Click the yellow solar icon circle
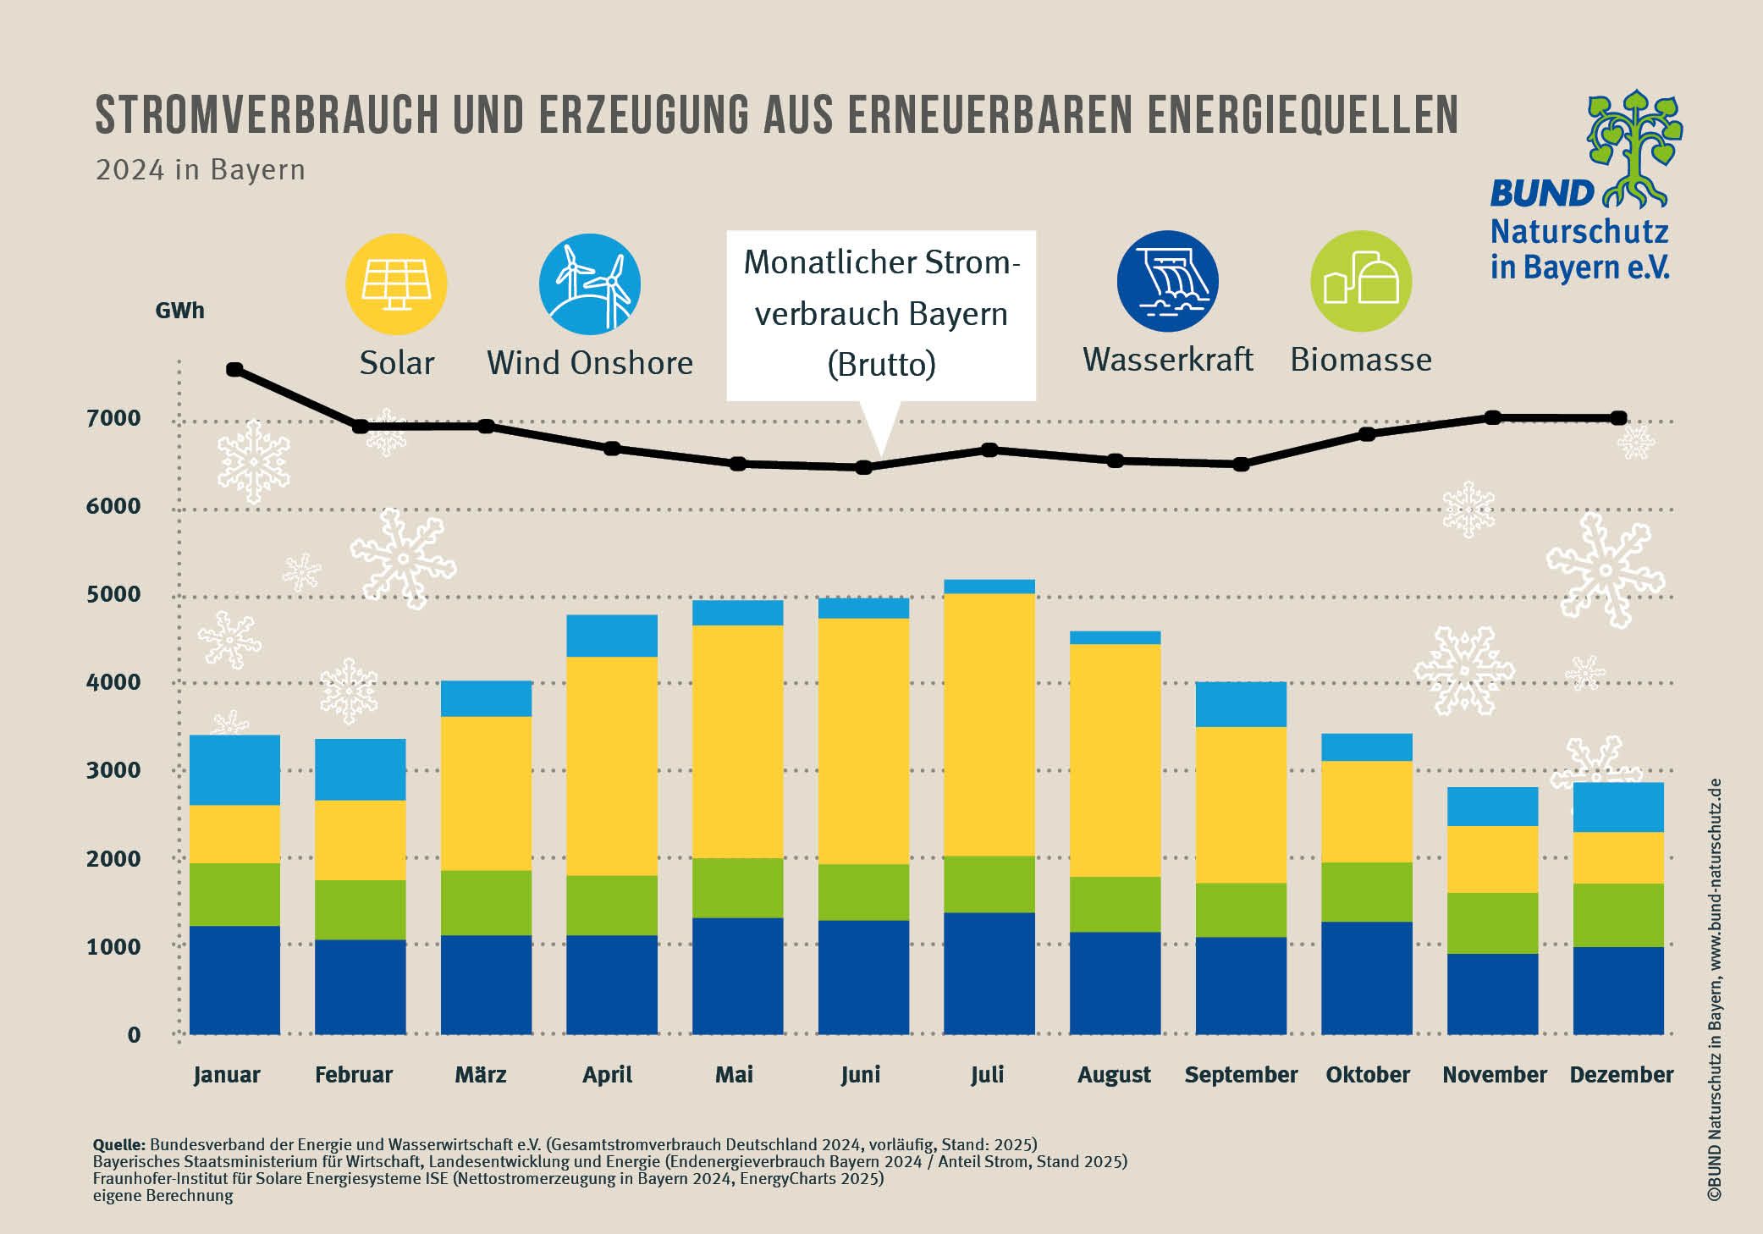396,284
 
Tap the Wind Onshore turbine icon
590,284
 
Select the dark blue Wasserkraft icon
1167,281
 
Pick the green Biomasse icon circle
1360,281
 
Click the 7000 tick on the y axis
113,418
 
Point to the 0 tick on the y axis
134,1034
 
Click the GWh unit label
179,311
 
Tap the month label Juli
987,1075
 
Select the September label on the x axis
1241,1075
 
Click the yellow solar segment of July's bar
989,724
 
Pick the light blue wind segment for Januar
234,769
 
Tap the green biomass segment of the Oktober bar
1366,891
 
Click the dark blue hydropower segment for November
1492,994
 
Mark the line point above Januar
234,370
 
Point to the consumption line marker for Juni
863,467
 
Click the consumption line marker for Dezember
1618,418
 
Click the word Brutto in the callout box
881,365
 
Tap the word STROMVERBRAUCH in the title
266,115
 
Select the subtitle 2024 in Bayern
200,170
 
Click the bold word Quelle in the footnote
118,1145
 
